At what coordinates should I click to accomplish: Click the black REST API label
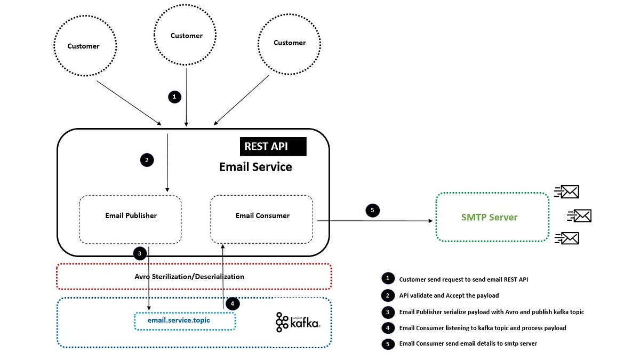coord(273,147)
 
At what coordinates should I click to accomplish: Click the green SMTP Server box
coord(492,217)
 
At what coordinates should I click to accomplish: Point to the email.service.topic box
coord(184,321)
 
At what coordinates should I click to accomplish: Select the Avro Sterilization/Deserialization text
coord(189,277)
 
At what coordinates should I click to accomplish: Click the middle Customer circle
coord(186,36)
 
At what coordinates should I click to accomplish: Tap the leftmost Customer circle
coord(84,46)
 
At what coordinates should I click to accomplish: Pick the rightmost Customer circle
coord(289,43)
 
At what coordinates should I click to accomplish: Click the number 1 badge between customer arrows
coord(174,97)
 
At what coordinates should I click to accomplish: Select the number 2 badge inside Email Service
coord(147,159)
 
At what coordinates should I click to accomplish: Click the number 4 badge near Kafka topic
coord(233,304)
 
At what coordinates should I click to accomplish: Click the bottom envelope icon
coord(567,238)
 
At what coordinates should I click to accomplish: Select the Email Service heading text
coord(255,167)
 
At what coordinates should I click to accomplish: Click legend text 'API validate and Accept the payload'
coord(449,295)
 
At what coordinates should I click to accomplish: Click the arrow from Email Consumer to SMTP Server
coord(373,220)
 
